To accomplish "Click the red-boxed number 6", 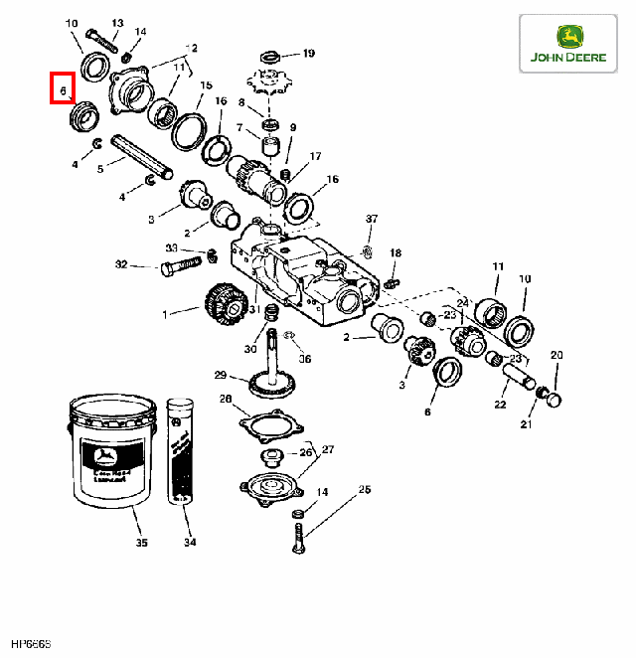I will [63, 90].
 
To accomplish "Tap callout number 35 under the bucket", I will [141, 543].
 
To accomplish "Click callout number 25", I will [365, 489].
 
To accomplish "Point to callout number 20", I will [556, 355].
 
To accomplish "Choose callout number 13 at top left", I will [117, 22].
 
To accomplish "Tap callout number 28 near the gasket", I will [225, 399].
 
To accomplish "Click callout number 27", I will [329, 449].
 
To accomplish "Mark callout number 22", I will [499, 406].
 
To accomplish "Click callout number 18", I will [395, 254].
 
